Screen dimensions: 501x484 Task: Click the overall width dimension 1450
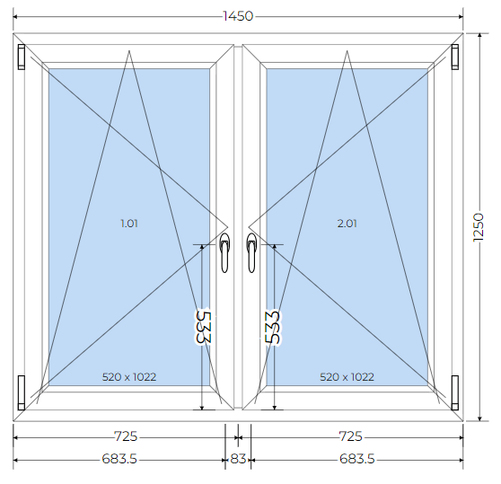coord(238,16)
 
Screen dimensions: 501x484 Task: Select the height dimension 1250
coord(479,227)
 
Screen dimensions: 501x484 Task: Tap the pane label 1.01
coord(129,224)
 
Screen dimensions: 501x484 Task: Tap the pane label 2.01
coord(347,224)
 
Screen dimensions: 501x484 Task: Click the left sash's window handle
coord(224,252)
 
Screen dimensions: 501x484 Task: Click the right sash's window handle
coord(251,252)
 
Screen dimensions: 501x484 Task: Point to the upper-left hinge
coord(21,57)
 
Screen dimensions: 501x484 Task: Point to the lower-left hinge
coord(21,392)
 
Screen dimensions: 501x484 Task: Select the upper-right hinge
coord(454,57)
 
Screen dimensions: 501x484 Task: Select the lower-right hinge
coord(454,392)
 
